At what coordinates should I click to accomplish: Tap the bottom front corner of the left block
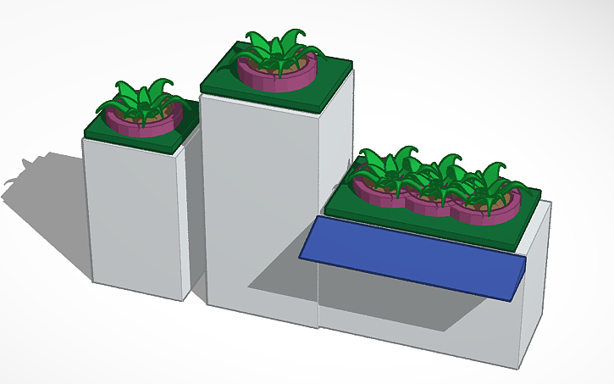click(x=185, y=299)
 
